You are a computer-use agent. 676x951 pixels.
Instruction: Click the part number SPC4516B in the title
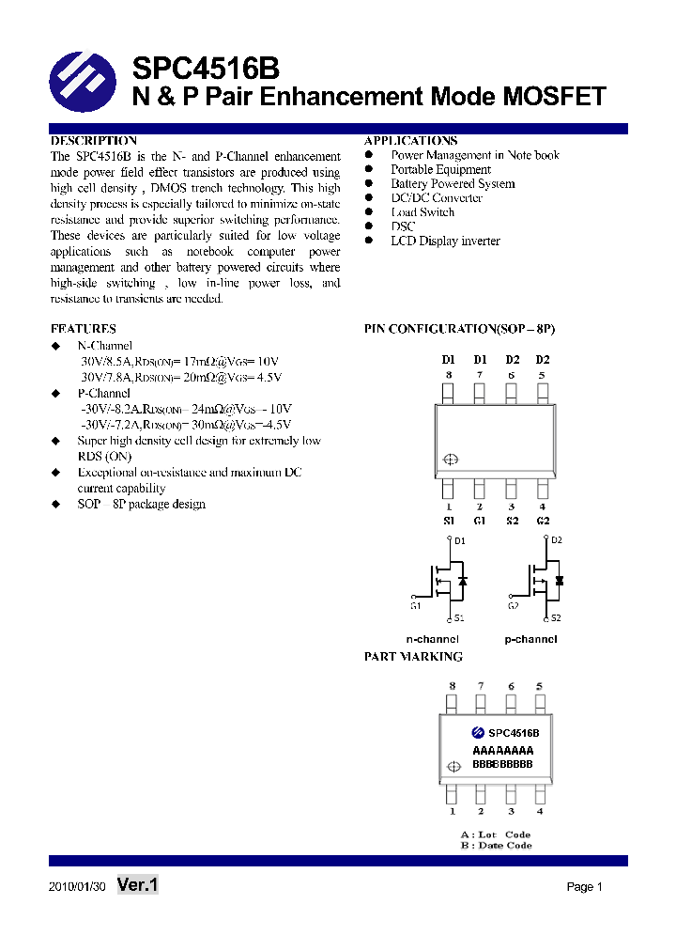pos(205,69)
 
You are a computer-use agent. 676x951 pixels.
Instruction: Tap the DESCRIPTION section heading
pos(94,140)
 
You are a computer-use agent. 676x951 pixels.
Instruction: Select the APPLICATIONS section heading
pos(410,140)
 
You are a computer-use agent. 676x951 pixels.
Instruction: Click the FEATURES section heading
pos(84,329)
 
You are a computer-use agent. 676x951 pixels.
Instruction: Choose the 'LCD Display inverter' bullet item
pos(445,242)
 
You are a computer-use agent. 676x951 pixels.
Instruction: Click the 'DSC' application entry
pos(403,226)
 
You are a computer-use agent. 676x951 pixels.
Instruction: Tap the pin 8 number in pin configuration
pos(449,375)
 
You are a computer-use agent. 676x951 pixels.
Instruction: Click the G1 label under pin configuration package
pos(479,521)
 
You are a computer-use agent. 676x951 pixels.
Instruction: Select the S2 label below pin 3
pos(512,521)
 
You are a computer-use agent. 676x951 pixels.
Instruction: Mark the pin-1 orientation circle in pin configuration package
pos(450,460)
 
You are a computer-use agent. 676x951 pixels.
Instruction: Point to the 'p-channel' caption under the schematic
pos(530,639)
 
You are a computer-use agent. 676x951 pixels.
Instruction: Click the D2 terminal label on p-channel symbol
pos(556,540)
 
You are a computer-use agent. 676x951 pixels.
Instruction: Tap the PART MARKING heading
pos(413,657)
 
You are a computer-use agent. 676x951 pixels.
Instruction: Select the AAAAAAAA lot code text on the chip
pos(502,751)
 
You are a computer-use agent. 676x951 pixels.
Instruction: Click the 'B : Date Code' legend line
pos(496,846)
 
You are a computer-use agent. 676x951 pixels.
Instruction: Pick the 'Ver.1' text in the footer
pos(138,884)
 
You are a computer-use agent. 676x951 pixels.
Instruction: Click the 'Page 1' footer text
pos(584,886)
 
